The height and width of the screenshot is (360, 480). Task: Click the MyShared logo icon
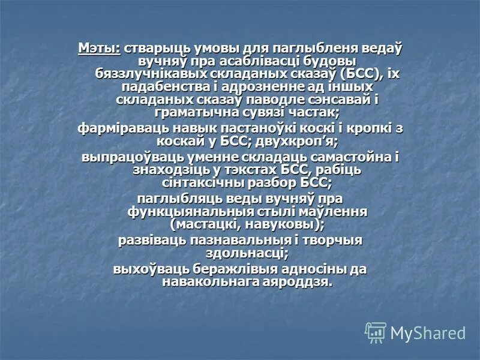(x=376, y=332)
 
